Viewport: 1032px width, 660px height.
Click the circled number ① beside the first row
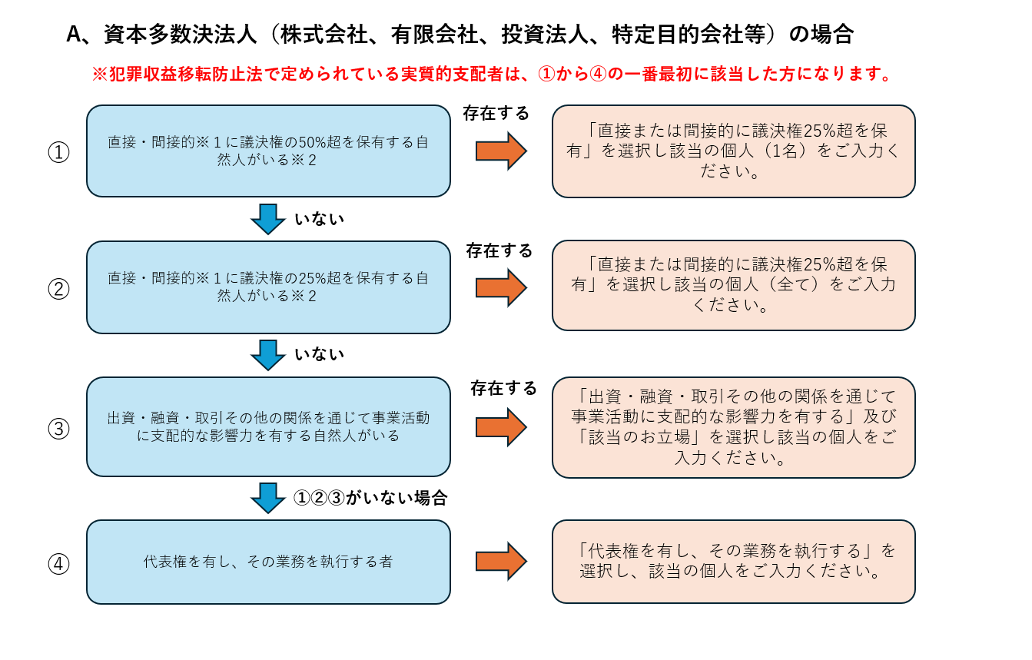tap(58, 152)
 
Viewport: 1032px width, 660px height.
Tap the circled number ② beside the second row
tap(58, 289)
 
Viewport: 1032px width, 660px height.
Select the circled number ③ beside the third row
tap(58, 428)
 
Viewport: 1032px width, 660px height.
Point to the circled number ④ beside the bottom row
tap(58, 564)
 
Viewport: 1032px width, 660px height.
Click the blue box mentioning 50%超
tap(268, 151)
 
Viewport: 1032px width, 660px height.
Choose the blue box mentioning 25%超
tap(268, 287)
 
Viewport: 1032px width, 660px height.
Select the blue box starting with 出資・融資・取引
tap(268, 426)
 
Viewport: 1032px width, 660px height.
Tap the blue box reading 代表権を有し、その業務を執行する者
tap(268, 562)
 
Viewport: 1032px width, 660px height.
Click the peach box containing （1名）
tap(733, 151)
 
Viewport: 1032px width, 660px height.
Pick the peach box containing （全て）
tap(733, 285)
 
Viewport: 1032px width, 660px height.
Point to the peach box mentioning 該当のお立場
tap(733, 427)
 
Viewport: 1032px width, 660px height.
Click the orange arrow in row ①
tap(501, 151)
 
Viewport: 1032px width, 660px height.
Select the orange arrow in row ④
tap(501, 561)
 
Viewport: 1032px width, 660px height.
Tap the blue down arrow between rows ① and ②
tap(268, 219)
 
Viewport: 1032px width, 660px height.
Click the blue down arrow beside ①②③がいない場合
tap(268, 498)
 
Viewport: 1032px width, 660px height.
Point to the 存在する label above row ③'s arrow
tap(503, 388)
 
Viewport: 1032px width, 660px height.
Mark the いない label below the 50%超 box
tap(320, 219)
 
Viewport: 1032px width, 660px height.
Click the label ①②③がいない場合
tap(370, 498)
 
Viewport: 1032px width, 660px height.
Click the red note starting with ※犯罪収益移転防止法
tap(492, 75)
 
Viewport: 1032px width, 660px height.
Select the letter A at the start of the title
tap(75, 35)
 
